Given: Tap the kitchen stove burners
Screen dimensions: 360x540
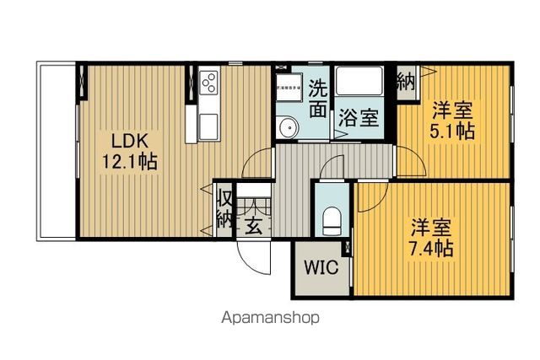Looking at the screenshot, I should click(208, 83).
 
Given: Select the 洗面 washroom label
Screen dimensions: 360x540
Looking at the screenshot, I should click(317, 98).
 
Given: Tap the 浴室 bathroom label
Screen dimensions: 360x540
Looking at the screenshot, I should click(358, 118).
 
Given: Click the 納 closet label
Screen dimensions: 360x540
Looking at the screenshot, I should click(406, 82).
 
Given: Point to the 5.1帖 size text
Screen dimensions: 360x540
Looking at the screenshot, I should click(453, 131).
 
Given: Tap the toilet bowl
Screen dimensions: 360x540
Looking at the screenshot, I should click(332, 221).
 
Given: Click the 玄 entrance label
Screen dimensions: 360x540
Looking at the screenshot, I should click(254, 226).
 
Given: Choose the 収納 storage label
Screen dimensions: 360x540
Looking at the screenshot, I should click(224, 209).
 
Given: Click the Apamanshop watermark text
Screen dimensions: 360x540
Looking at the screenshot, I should click(270, 319).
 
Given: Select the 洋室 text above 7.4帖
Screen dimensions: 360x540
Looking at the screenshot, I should click(432, 226).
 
